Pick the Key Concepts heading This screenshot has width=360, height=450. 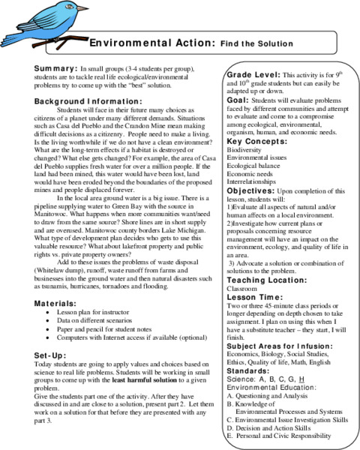pos(254,141)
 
